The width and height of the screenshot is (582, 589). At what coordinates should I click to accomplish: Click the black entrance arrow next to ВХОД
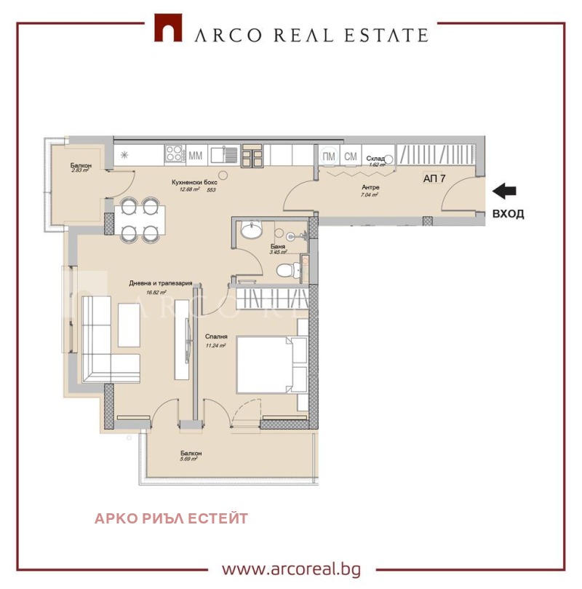pos(504,191)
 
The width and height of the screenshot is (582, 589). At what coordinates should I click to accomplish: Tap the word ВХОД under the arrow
pos(508,214)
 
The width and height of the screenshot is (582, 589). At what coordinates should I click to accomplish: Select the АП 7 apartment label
pos(435,178)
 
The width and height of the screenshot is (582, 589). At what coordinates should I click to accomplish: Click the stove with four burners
pos(175,154)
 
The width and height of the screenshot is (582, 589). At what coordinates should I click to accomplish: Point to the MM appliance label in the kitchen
pos(196,155)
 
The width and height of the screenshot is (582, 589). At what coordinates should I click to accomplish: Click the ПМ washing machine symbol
pos(328,156)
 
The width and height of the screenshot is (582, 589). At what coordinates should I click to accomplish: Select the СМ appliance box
pos(350,156)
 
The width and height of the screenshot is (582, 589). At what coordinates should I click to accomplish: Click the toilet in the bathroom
pos(287,270)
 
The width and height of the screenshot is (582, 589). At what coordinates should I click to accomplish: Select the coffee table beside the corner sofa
pos(129,325)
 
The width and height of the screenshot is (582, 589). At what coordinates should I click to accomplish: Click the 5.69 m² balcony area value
pos(191,459)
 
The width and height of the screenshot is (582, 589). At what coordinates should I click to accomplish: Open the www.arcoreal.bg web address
pos(290,569)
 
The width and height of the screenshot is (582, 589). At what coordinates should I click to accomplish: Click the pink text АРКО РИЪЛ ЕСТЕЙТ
pos(171,518)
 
